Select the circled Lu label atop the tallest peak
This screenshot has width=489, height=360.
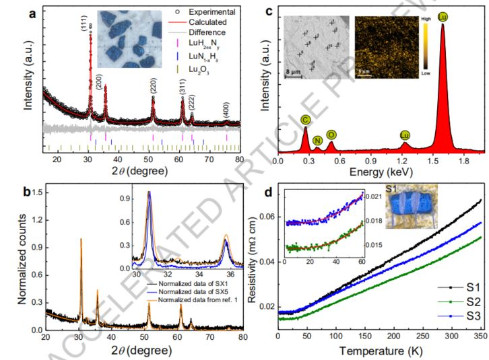[x=443, y=14]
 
